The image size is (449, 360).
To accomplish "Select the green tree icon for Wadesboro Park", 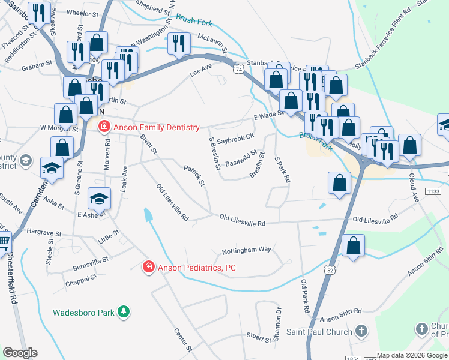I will click(123, 312).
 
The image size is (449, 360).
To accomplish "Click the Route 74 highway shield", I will click(239, 70).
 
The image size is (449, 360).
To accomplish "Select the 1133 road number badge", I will click(435, 191).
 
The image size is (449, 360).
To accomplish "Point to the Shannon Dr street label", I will click(278, 324).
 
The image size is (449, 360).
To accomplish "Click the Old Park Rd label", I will click(304, 297).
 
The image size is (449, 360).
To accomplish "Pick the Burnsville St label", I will click(89, 261).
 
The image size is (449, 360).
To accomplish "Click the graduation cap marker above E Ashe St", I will click(100, 197).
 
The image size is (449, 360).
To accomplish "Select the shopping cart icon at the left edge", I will click(3, 241).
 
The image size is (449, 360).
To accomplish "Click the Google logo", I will click(20, 353).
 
